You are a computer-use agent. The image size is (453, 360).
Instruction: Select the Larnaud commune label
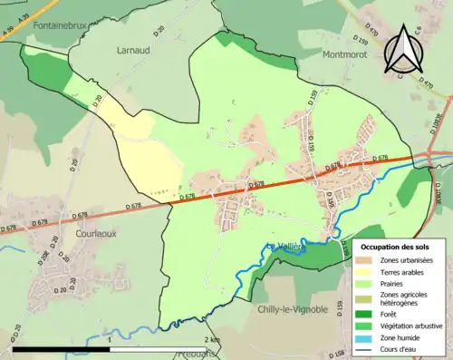coord(132,51)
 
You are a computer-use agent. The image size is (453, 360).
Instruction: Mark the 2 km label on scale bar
coord(212,339)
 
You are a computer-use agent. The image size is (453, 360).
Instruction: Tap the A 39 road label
coord(11,34)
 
